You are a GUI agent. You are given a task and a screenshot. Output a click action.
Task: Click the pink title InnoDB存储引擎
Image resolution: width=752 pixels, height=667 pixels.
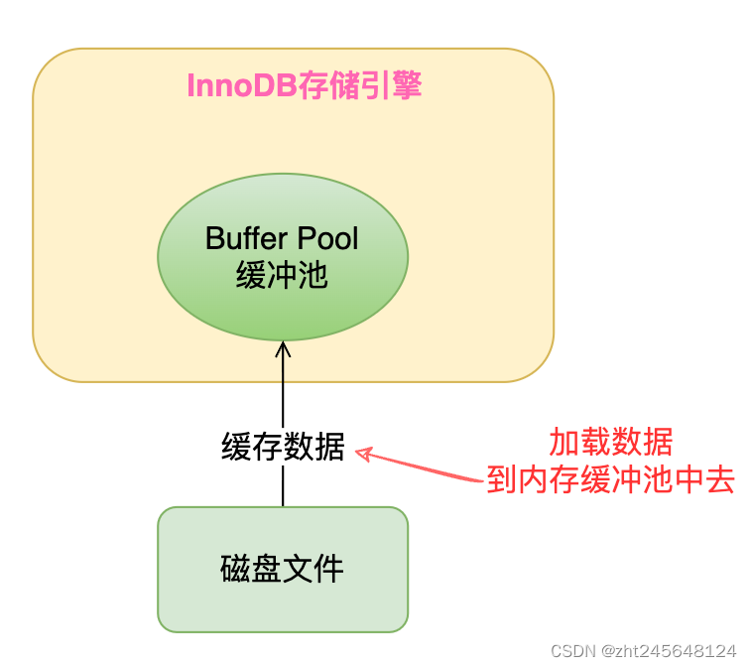pyautogui.click(x=305, y=86)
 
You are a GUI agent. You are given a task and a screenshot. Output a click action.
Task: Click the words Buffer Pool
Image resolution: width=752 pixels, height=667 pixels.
pyautogui.click(x=283, y=238)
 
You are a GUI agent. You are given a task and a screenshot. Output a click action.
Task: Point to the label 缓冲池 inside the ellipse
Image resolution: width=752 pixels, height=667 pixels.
pyautogui.click(x=283, y=275)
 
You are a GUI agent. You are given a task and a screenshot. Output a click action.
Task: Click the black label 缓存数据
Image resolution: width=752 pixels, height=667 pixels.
pyautogui.click(x=283, y=449)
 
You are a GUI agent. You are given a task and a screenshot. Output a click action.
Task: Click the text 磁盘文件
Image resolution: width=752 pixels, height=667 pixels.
pyautogui.click(x=283, y=569)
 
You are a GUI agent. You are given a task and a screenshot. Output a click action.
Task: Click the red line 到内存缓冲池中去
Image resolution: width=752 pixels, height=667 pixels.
pyautogui.click(x=611, y=481)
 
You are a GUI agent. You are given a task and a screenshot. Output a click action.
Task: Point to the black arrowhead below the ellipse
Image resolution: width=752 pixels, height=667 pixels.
pyautogui.click(x=283, y=349)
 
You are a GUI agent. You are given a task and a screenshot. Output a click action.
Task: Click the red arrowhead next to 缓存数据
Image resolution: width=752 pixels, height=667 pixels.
pyautogui.click(x=363, y=454)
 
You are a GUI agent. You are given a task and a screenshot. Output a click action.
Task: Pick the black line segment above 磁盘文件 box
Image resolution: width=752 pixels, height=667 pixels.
pyautogui.click(x=283, y=486)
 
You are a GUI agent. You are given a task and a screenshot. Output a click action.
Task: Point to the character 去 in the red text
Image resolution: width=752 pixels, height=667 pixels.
pyautogui.click(x=722, y=481)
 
